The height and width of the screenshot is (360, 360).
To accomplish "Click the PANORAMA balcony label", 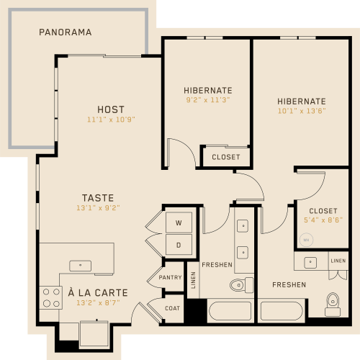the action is [x=66, y=32].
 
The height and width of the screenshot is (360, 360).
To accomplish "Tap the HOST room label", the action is [x=111, y=109].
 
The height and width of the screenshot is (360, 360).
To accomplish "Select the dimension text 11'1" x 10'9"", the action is [x=111, y=120].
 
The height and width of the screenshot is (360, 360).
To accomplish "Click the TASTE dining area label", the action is [x=98, y=198].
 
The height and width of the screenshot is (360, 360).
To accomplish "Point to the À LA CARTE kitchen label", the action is [x=98, y=292].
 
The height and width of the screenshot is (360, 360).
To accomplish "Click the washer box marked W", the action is [x=179, y=222].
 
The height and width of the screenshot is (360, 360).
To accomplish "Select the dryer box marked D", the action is [x=179, y=245].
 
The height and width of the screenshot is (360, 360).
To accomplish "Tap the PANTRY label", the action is [x=170, y=277].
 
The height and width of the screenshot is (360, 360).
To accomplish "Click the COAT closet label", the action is [x=172, y=308].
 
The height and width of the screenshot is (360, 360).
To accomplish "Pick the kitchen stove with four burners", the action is [x=51, y=298].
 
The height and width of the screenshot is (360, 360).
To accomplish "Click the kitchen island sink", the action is [x=81, y=266].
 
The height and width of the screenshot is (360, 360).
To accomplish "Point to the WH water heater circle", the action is [x=306, y=240].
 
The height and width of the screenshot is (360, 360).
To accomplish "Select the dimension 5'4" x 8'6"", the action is [x=323, y=220].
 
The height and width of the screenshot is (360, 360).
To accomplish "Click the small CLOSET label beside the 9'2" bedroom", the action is [x=226, y=157].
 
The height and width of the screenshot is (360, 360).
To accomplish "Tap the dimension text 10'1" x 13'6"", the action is [x=302, y=111].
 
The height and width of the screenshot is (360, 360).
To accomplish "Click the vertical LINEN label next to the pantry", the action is [x=193, y=280].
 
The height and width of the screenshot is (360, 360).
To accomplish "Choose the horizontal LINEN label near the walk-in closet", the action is [x=338, y=261].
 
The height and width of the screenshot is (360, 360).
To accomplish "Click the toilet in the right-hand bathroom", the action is [x=333, y=305].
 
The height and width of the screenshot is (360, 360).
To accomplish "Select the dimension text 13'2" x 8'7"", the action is [x=98, y=303].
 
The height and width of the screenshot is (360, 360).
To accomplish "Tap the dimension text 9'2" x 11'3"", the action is [x=208, y=100].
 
